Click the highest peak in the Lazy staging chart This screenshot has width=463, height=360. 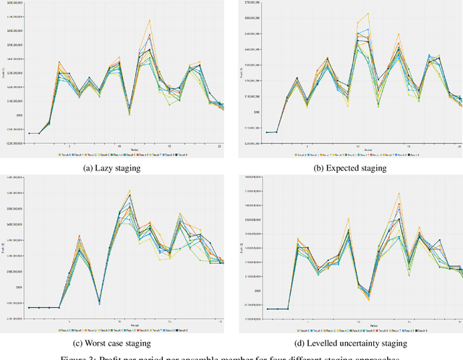149,20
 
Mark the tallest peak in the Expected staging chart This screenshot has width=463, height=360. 368,13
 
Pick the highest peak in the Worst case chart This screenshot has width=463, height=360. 129,191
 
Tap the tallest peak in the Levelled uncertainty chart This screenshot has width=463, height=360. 399,193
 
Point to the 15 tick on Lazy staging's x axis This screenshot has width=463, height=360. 169,145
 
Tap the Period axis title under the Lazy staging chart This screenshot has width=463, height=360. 124,150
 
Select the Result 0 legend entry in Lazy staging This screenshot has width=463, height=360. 67,155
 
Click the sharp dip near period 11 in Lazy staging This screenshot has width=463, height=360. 129,113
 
